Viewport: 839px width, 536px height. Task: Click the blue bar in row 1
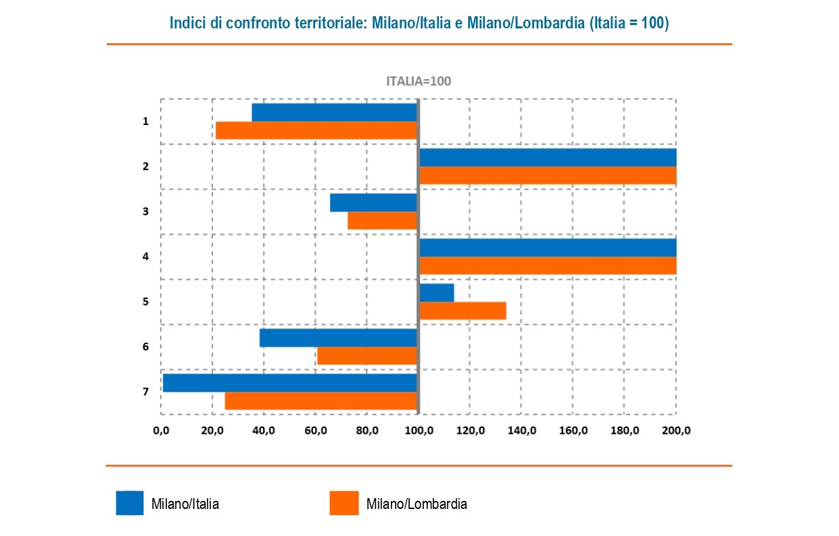pos(334,112)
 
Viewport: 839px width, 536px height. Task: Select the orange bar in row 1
pos(316,130)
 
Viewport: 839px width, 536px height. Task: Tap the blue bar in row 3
pos(373,203)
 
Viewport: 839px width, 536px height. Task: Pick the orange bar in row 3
pos(382,220)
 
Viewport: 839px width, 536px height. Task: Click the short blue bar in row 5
pos(437,293)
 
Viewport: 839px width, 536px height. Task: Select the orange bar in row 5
pos(462,310)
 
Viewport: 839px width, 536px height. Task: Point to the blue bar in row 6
pos(338,337)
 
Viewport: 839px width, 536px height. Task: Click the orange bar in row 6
pos(366,356)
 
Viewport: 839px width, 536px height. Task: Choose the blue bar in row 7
pos(289,383)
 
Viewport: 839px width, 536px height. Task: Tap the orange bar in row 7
pos(320,401)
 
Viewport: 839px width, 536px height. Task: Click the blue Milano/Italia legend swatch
pos(129,503)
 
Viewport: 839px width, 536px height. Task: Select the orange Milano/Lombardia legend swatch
pos(343,503)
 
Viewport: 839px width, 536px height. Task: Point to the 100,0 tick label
pos(419,430)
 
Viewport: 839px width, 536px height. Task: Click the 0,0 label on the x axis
pos(161,430)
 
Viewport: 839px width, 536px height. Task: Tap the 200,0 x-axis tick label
pos(676,430)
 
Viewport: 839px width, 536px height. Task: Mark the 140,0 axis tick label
pos(521,430)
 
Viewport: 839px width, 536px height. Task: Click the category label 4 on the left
pos(145,257)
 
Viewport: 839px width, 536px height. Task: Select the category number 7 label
pos(145,392)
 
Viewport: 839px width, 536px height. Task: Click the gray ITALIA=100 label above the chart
pos(418,81)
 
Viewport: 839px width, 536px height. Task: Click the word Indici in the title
pos(186,23)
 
